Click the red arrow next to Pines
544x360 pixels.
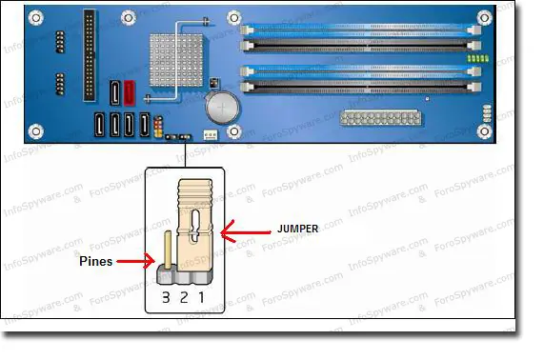coord(137,259)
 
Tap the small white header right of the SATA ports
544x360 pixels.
coord(210,135)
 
